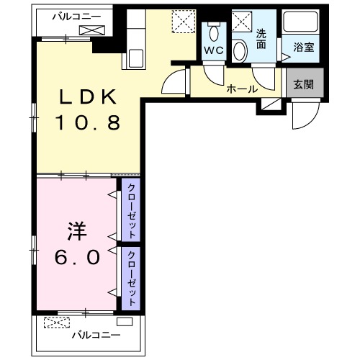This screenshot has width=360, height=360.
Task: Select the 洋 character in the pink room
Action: point(76,232)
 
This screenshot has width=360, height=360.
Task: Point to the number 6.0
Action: point(76,256)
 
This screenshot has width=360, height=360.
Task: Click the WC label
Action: point(213,50)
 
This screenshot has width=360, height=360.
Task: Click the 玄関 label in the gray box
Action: point(302,84)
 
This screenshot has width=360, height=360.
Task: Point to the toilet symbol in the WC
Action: point(213,32)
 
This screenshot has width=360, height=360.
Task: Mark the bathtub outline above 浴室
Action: point(302,24)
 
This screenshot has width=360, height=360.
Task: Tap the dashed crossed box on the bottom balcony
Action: point(55,322)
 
